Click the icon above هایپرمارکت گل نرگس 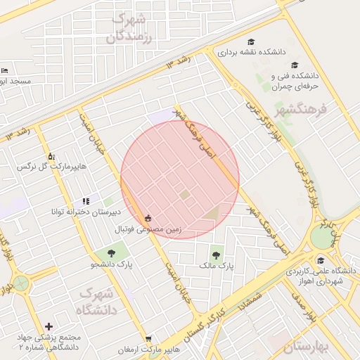point(51,155)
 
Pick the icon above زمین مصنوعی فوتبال point(148,218)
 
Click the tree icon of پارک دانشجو point(111,253)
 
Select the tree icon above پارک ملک point(216,255)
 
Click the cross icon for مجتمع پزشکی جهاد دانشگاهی point(49,326)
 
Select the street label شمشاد point(250,295)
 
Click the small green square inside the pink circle point(184,195)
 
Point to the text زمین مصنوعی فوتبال point(148,229)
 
